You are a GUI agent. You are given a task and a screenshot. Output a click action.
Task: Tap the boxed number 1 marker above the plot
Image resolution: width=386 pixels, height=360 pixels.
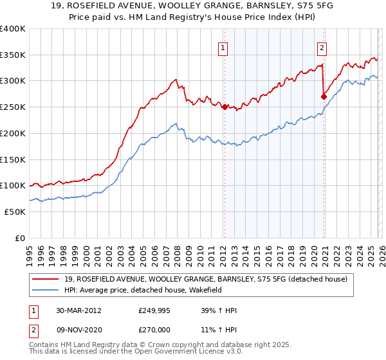(223, 46)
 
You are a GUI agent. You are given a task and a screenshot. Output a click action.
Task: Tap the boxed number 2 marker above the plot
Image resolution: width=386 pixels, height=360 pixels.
(321, 46)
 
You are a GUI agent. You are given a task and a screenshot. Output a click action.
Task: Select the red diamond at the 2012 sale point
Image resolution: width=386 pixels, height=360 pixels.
(225, 107)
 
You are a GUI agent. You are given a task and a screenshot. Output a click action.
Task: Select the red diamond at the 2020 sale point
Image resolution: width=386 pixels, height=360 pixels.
(324, 97)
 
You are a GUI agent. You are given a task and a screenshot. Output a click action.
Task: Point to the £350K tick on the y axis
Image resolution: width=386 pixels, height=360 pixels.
(13, 55)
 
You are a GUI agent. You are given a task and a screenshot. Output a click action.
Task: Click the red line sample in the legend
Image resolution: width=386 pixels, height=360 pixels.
(48, 279)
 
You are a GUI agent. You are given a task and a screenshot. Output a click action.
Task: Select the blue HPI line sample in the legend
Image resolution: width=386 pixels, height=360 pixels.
(48, 290)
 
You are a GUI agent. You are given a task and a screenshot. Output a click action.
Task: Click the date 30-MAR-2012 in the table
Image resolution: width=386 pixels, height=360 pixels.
(80, 310)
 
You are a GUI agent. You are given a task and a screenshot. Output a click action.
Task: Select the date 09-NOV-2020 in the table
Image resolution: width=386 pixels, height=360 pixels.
(80, 329)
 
